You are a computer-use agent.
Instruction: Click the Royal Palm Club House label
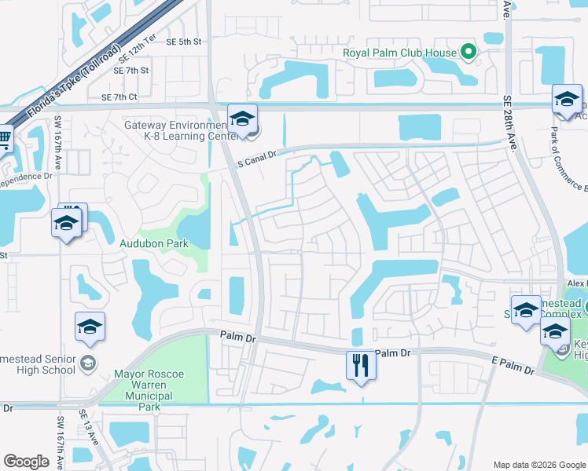click(x=399, y=53)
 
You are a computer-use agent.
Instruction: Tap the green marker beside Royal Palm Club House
click(x=469, y=53)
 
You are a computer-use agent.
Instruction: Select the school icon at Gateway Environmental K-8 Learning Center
click(x=242, y=119)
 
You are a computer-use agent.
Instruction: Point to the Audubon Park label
click(x=154, y=244)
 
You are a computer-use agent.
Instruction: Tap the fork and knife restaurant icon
click(x=362, y=367)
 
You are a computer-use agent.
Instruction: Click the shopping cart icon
click(x=4, y=138)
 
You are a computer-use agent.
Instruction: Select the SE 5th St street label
click(x=184, y=42)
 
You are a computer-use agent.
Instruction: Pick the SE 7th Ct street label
click(x=119, y=97)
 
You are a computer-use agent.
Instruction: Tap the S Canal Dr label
click(x=257, y=158)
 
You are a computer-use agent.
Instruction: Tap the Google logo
click(x=27, y=462)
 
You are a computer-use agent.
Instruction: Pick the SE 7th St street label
click(x=131, y=71)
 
